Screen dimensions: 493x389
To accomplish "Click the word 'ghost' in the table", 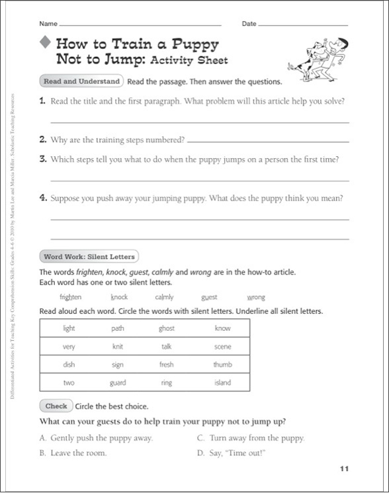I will [x=166, y=328].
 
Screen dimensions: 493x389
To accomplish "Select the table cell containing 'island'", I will [x=222, y=382].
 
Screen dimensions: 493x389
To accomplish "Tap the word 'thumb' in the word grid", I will [x=222, y=365].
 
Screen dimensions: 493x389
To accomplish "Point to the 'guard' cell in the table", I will [x=118, y=382].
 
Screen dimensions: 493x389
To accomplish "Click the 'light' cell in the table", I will [x=69, y=328].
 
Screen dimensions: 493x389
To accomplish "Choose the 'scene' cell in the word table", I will [x=222, y=346].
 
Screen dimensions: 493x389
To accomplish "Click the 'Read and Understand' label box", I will [x=81, y=81].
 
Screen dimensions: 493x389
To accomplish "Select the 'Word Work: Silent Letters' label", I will [x=89, y=257].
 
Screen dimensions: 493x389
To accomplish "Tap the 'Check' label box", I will [x=56, y=406].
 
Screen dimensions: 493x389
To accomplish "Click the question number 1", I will [x=42, y=101].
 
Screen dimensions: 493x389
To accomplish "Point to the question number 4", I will [x=42, y=197].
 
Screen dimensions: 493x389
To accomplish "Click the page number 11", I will [x=343, y=469].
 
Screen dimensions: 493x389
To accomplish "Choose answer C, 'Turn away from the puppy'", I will [x=251, y=438].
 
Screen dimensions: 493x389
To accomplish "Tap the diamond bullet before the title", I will [x=45, y=44].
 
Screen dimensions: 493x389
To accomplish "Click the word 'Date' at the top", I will [x=249, y=24].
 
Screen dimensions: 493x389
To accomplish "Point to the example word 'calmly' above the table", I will [x=164, y=297].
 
